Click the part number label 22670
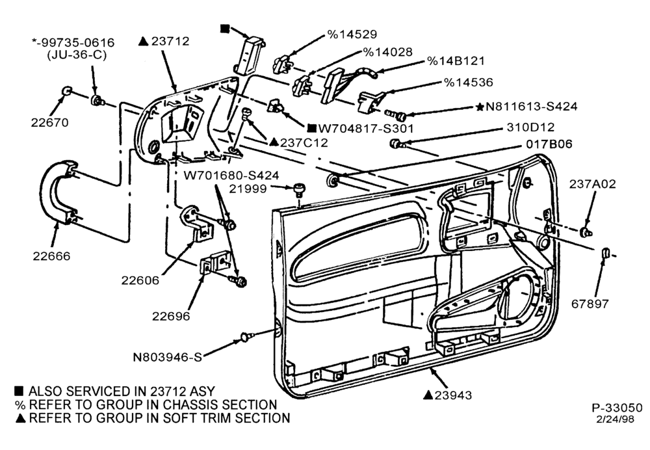[x=50, y=122]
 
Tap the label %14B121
[x=456, y=61]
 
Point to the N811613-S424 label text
[x=531, y=107]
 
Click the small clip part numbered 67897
[x=604, y=252]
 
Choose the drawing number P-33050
[x=617, y=408]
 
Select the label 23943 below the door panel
[x=453, y=395]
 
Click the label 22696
[x=171, y=316]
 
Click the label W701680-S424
[x=231, y=176]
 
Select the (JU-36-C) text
[x=77, y=55]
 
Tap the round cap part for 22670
[x=66, y=92]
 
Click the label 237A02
[x=592, y=184]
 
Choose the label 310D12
[x=530, y=127]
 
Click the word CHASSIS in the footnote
[x=190, y=404]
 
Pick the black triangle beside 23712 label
[x=144, y=41]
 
